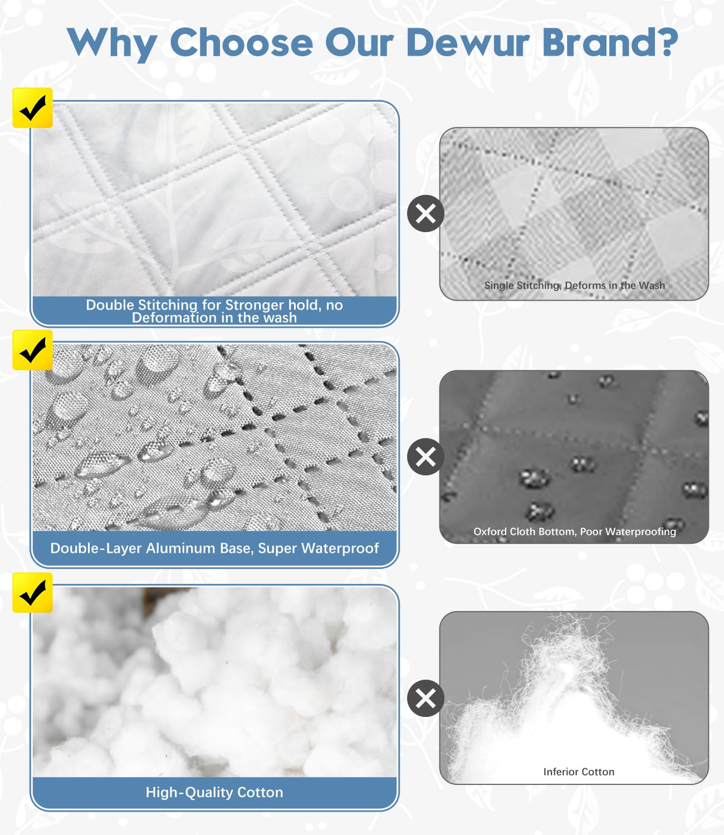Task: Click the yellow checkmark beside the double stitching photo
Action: pos(32,108)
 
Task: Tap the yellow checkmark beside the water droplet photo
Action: pos(32,350)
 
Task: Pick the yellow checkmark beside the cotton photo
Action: pos(32,593)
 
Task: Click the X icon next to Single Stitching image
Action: pos(425,213)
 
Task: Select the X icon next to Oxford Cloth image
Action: pos(425,456)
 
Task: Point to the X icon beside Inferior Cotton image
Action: pos(425,698)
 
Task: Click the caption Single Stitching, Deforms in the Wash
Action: pos(574,286)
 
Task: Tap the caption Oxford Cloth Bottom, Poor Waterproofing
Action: pos(574,532)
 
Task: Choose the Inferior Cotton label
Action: pos(579,772)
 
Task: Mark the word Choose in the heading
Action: pos(241,42)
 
